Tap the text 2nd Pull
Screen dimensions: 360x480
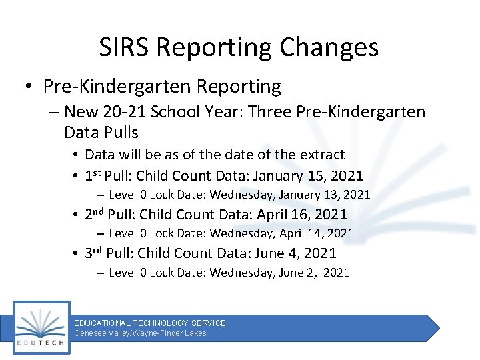[x=110, y=215]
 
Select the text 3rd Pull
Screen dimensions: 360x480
[x=109, y=253]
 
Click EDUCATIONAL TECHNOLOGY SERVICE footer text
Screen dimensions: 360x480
[x=150, y=323]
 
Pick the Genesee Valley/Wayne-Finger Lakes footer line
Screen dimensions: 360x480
[x=140, y=333]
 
